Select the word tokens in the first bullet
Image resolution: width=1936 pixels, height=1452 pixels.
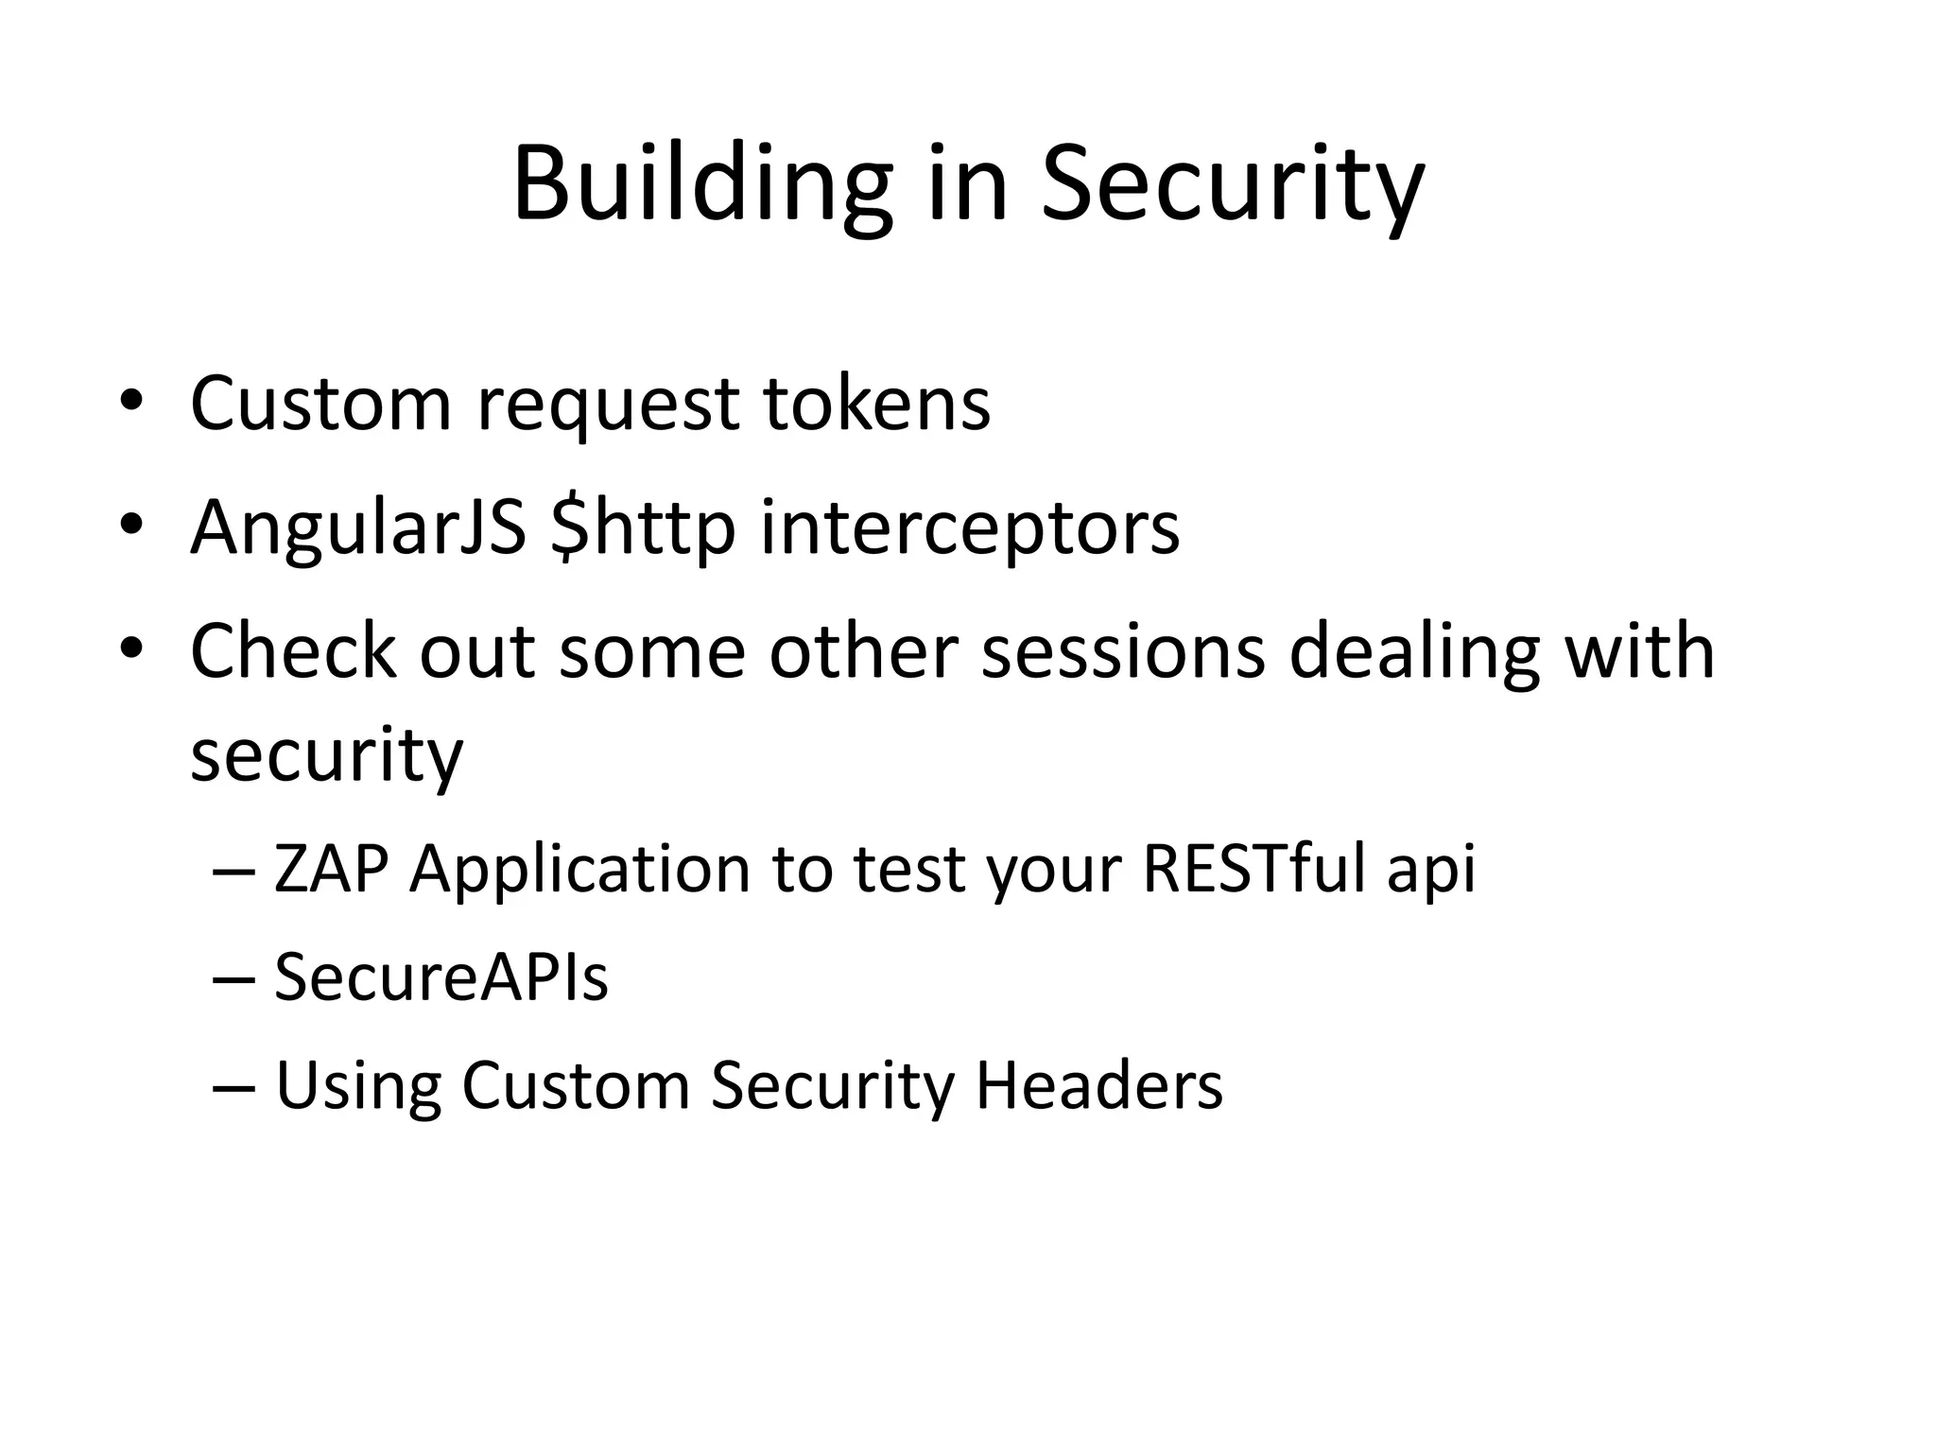point(876,404)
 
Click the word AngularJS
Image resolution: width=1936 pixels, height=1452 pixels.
point(357,527)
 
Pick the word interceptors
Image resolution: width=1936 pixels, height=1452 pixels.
point(970,527)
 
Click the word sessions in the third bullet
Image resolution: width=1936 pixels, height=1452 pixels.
point(1123,651)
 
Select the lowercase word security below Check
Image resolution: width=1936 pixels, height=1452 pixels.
point(326,756)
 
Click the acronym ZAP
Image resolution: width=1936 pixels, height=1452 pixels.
point(331,869)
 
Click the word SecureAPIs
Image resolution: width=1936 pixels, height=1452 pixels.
point(441,977)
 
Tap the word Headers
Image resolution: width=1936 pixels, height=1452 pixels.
point(1098,1085)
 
